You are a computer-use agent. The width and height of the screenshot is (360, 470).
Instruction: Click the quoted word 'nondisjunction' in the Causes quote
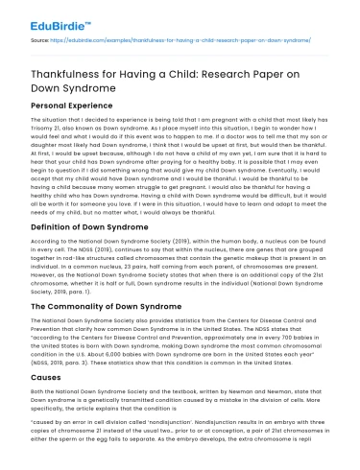pos(159,424)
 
